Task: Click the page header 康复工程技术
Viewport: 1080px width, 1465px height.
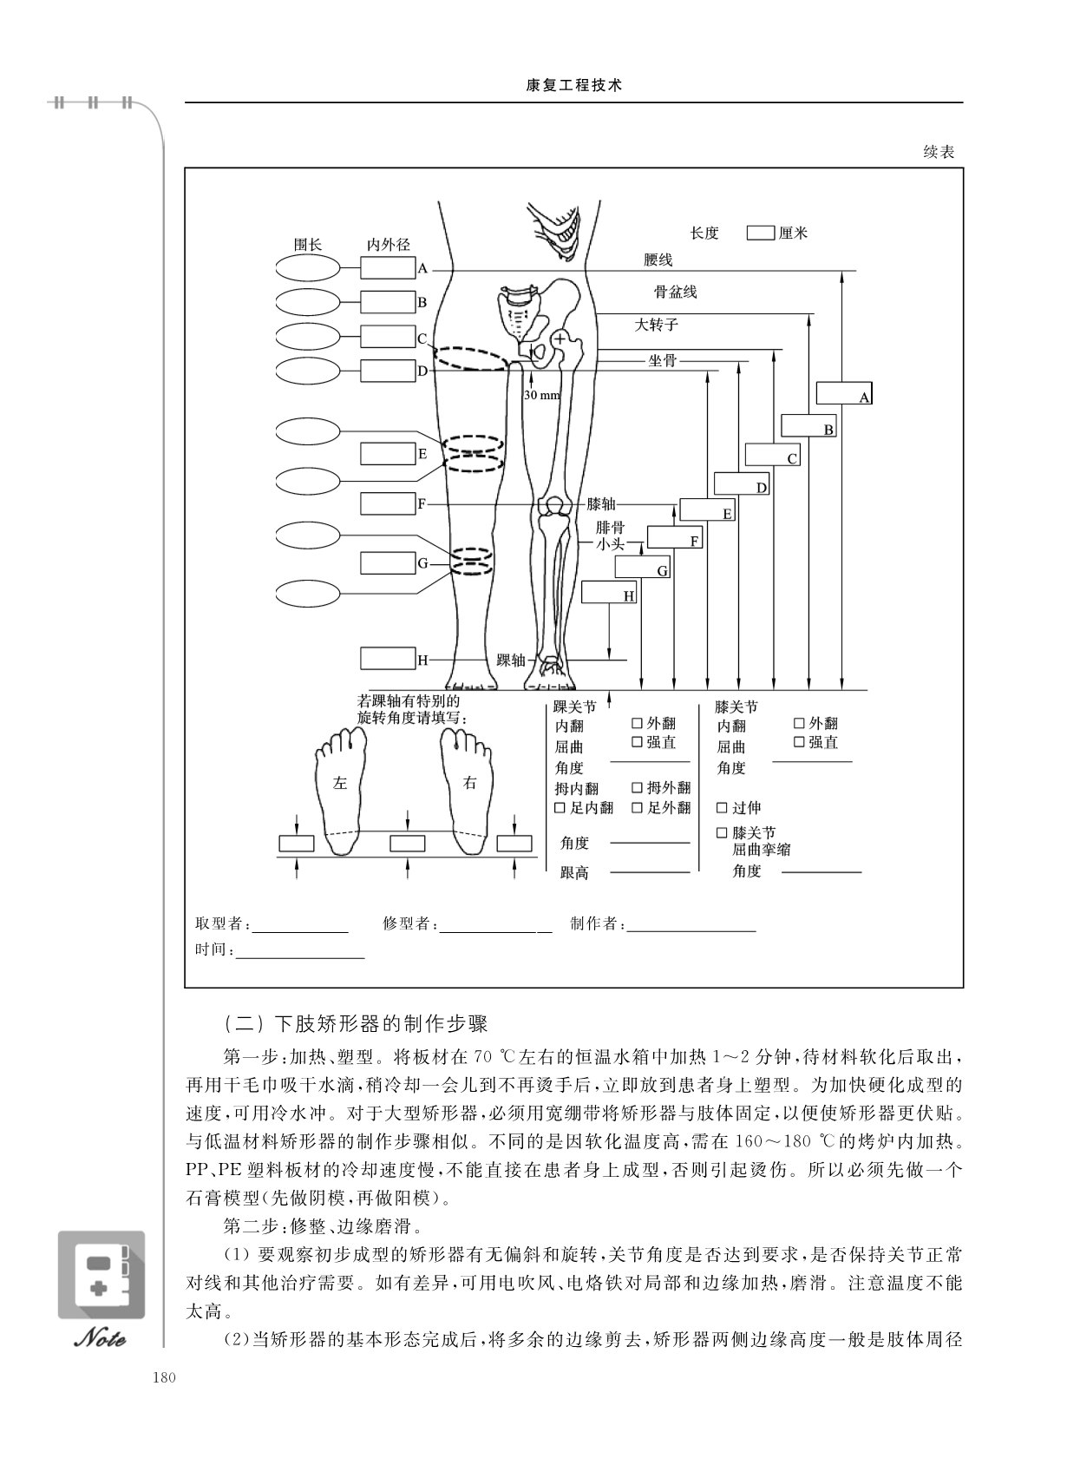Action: pyautogui.click(x=574, y=86)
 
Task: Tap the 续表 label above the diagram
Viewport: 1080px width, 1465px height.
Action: pyautogui.click(x=939, y=152)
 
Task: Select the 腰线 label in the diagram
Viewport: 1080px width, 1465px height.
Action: pyautogui.click(x=658, y=259)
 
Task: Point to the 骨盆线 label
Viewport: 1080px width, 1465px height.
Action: pyautogui.click(x=675, y=292)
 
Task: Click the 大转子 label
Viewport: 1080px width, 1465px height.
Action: pyautogui.click(x=656, y=325)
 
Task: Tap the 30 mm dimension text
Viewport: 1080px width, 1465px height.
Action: pyautogui.click(x=541, y=395)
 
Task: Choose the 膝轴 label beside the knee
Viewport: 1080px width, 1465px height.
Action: pyautogui.click(x=601, y=503)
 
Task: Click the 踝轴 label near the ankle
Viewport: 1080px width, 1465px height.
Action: pyautogui.click(x=510, y=660)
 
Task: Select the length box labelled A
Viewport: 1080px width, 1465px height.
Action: pyautogui.click(x=843, y=392)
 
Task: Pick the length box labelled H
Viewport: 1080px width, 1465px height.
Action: pyautogui.click(x=608, y=592)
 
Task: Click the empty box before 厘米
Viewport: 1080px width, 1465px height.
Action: pyautogui.click(x=761, y=233)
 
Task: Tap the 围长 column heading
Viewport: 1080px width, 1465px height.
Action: pyautogui.click(x=308, y=245)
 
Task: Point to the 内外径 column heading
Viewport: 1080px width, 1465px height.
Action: pyautogui.click(x=388, y=245)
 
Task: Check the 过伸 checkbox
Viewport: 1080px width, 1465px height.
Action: pyautogui.click(x=722, y=808)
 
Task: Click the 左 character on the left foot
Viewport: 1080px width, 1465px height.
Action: pyautogui.click(x=340, y=783)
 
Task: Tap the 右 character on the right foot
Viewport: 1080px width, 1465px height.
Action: pyautogui.click(x=469, y=783)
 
